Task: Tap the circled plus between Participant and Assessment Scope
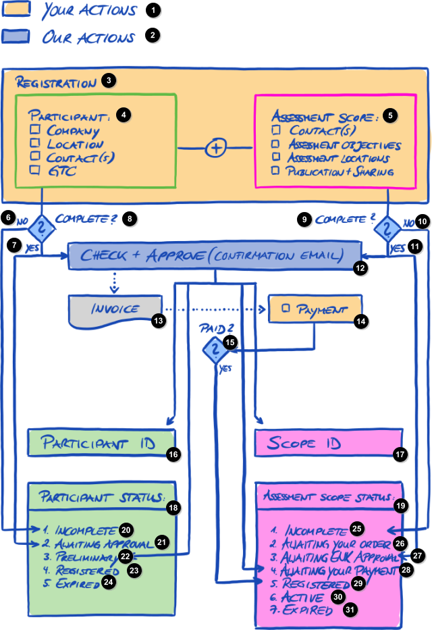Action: click(x=215, y=149)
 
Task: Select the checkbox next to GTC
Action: click(x=35, y=171)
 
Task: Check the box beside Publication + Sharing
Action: click(x=275, y=171)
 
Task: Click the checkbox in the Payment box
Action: click(x=286, y=309)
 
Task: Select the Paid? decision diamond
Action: click(x=215, y=349)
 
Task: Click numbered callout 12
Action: click(x=361, y=268)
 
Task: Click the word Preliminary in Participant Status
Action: click(x=86, y=558)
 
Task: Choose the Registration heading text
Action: click(x=56, y=84)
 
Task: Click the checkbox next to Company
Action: click(x=35, y=130)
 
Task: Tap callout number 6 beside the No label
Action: click(x=8, y=217)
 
